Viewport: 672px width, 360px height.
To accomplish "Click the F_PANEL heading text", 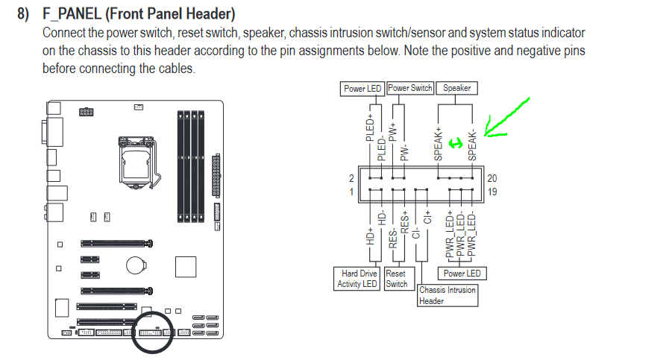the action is [139, 13].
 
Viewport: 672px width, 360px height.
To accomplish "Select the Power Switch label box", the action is [410, 88].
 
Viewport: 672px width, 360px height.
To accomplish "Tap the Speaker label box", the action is [457, 88].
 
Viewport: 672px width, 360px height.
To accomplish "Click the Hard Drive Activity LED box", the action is [357, 279].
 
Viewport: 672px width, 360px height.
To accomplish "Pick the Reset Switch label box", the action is [399, 279].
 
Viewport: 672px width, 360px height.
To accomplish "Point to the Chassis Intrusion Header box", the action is [448, 295].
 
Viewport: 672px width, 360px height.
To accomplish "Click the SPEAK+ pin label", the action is [438, 143].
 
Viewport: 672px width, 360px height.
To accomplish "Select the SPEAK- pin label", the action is [472, 145].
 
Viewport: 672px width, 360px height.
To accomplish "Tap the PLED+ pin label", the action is [370, 127].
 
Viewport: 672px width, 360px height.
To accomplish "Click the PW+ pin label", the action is [392, 131].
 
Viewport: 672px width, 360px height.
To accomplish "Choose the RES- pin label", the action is [392, 239].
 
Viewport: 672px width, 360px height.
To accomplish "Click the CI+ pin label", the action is [427, 217].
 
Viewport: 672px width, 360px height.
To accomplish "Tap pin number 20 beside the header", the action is [492, 178].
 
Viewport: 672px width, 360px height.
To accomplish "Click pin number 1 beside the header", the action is [351, 192].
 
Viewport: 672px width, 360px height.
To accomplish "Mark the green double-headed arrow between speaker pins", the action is [456, 143].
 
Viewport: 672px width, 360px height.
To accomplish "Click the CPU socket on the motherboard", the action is [137, 162].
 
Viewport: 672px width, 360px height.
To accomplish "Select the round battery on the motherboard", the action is [136, 265].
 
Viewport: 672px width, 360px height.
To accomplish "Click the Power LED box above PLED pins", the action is [362, 89].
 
